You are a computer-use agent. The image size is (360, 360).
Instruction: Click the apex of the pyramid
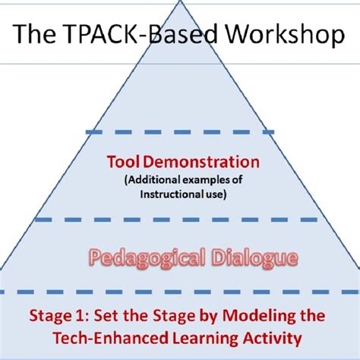[179, 2]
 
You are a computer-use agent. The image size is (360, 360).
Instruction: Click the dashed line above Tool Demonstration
[179, 132]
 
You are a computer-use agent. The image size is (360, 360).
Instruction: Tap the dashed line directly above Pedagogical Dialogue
[179, 221]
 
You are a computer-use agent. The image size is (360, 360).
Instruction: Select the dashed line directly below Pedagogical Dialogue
[179, 291]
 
